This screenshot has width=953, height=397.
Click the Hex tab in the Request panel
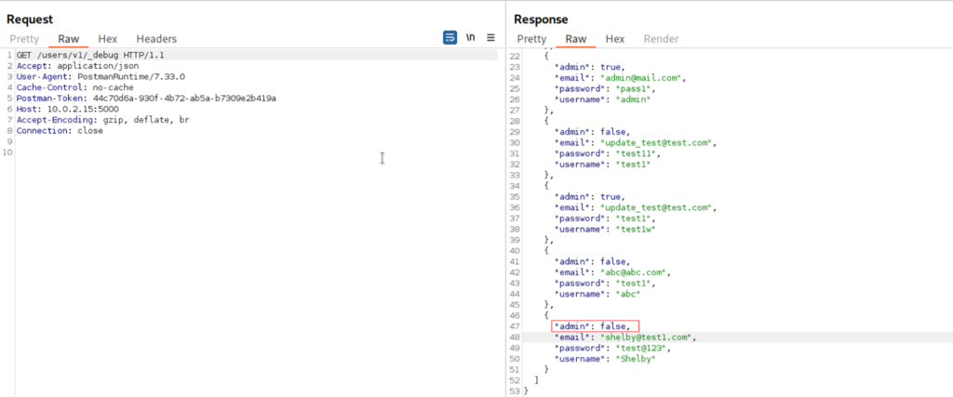(x=108, y=39)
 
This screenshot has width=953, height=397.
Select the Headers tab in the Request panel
(x=156, y=39)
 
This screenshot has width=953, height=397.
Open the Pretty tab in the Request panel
(x=24, y=39)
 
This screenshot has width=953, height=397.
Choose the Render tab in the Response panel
(x=662, y=39)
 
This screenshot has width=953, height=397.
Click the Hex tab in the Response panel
(x=615, y=39)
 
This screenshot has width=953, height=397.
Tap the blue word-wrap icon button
(x=450, y=37)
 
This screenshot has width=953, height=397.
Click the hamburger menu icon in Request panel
(x=490, y=37)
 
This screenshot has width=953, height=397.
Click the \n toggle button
(x=470, y=37)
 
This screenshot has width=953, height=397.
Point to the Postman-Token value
(x=185, y=99)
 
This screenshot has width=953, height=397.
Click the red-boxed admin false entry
(x=595, y=326)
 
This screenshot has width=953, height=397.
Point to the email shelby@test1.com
(x=646, y=337)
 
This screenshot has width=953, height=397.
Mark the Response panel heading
(x=541, y=20)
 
